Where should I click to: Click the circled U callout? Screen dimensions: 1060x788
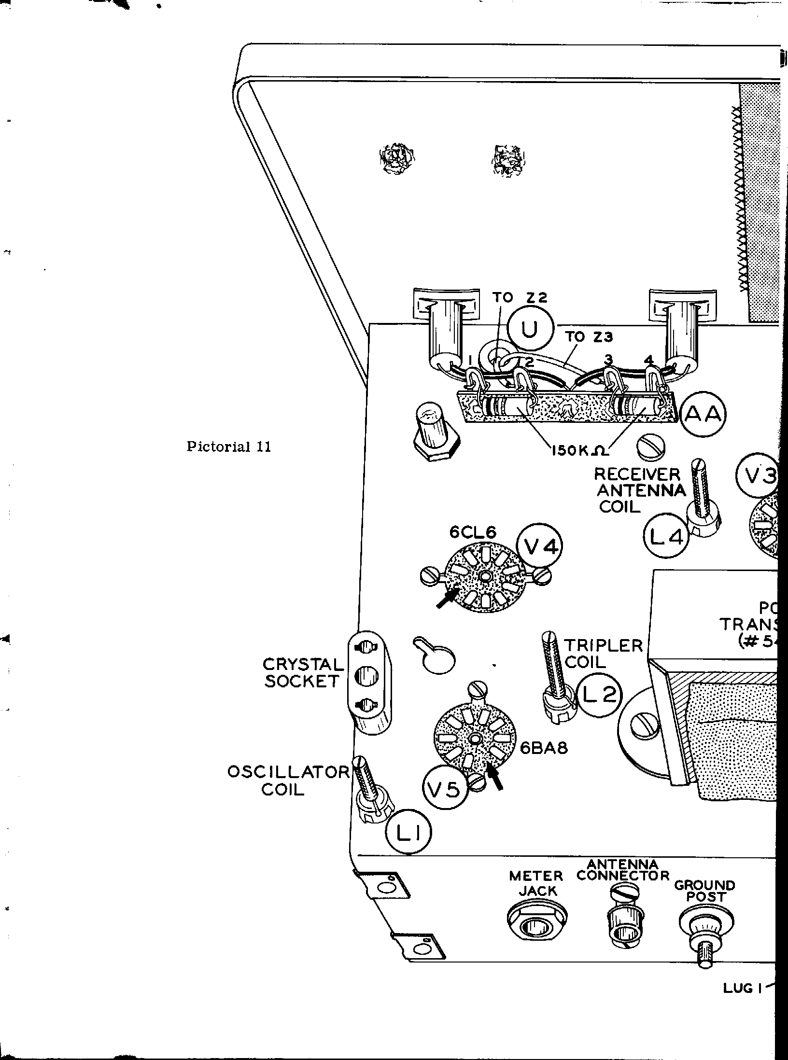tap(529, 330)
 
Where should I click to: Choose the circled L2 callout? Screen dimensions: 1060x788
tap(599, 695)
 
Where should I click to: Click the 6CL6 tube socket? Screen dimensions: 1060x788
tap(485, 576)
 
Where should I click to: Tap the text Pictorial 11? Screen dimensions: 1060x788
tap(229, 446)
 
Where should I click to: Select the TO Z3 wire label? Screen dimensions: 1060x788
tap(589, 337)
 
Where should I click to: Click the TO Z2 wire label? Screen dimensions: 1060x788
tap(520, 298)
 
